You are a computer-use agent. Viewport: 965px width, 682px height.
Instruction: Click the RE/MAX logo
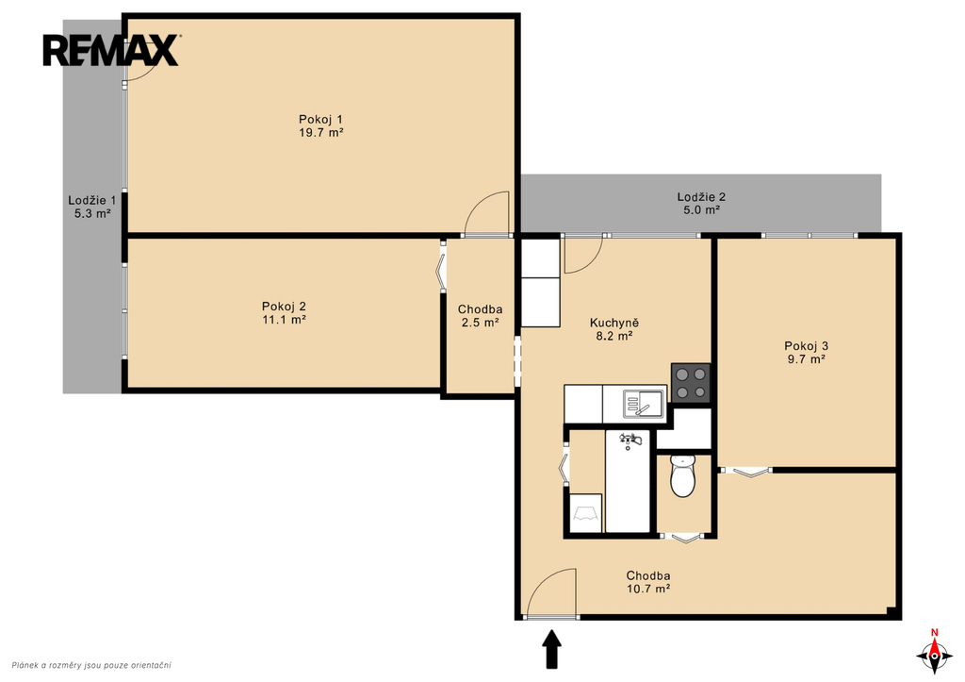(111, 50)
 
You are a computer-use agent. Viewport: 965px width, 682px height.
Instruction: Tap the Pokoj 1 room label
(320, 119)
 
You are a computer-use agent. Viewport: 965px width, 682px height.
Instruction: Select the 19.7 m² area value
(320, 132)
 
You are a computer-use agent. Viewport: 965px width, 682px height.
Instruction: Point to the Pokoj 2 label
(284, 307)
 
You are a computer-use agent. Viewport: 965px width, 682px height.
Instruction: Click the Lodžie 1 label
(92, 200)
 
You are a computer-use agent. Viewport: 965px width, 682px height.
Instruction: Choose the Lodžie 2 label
(701, 197)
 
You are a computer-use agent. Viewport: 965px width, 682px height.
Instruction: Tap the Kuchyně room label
(614, 323)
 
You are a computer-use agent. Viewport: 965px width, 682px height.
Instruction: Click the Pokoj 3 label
(807, 346)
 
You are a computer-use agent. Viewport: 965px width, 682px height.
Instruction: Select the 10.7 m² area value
(648, 589)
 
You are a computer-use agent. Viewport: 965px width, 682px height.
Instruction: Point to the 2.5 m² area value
(480, 323)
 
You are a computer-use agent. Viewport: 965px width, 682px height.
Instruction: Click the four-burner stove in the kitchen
(691, 383)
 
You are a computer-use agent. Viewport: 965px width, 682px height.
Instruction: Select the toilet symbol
(682, 475)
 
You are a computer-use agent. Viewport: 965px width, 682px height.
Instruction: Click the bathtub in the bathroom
(628, 481)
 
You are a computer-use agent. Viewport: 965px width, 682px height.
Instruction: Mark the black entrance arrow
(552, 649)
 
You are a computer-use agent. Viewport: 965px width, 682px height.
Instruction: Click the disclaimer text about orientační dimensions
(91, 665)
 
